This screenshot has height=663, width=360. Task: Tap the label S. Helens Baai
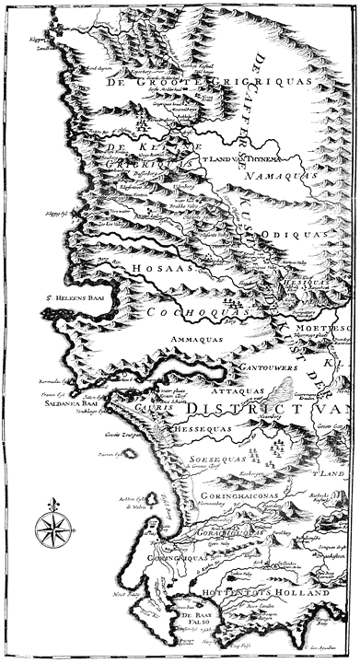(x=73, y=297)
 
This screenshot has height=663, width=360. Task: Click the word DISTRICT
(x=261, y=409)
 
